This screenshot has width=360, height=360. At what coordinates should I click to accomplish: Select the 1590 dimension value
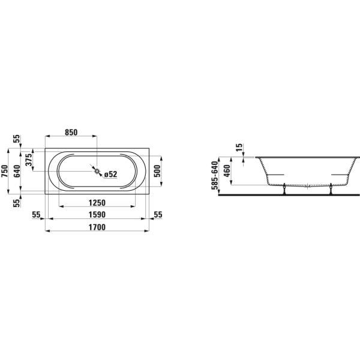tap(97, 214)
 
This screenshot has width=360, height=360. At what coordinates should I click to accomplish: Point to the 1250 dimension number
tap(97, 202)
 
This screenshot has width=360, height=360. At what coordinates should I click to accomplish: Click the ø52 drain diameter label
tap(110, 174)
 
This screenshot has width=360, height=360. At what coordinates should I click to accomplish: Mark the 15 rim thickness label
tap(239, 146)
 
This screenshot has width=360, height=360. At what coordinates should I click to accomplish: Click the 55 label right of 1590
tap(158, 214)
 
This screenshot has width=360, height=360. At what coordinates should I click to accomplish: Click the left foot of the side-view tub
tap(284, 190)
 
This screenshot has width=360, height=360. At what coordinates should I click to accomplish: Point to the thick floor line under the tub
tap(282, 195)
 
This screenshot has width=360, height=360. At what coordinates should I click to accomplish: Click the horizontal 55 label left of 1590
tap(36, 214)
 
